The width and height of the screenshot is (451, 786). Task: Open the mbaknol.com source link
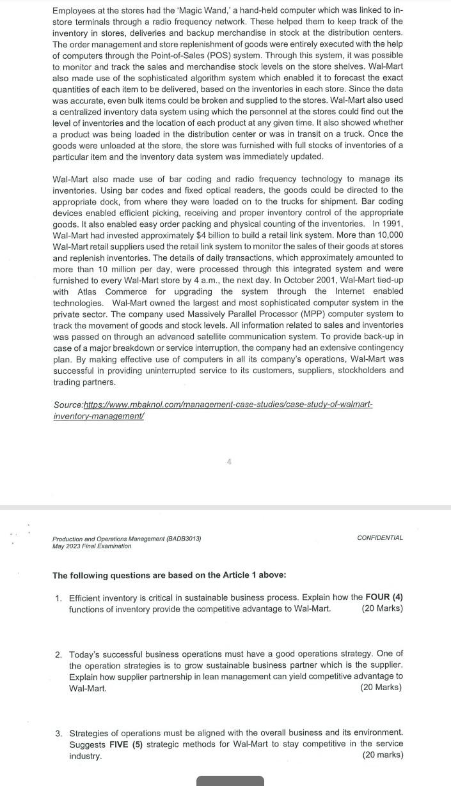[x=212, y=410]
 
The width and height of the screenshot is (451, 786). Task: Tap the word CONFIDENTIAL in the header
[x=380, y=537]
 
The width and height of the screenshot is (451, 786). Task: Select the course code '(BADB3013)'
[x=182, y=539]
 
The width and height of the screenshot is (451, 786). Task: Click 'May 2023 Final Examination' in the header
[x=91, y=546]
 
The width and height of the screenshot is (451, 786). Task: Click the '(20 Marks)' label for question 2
[x=381, y=688]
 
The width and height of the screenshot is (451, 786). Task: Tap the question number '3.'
[x=58, y=732]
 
